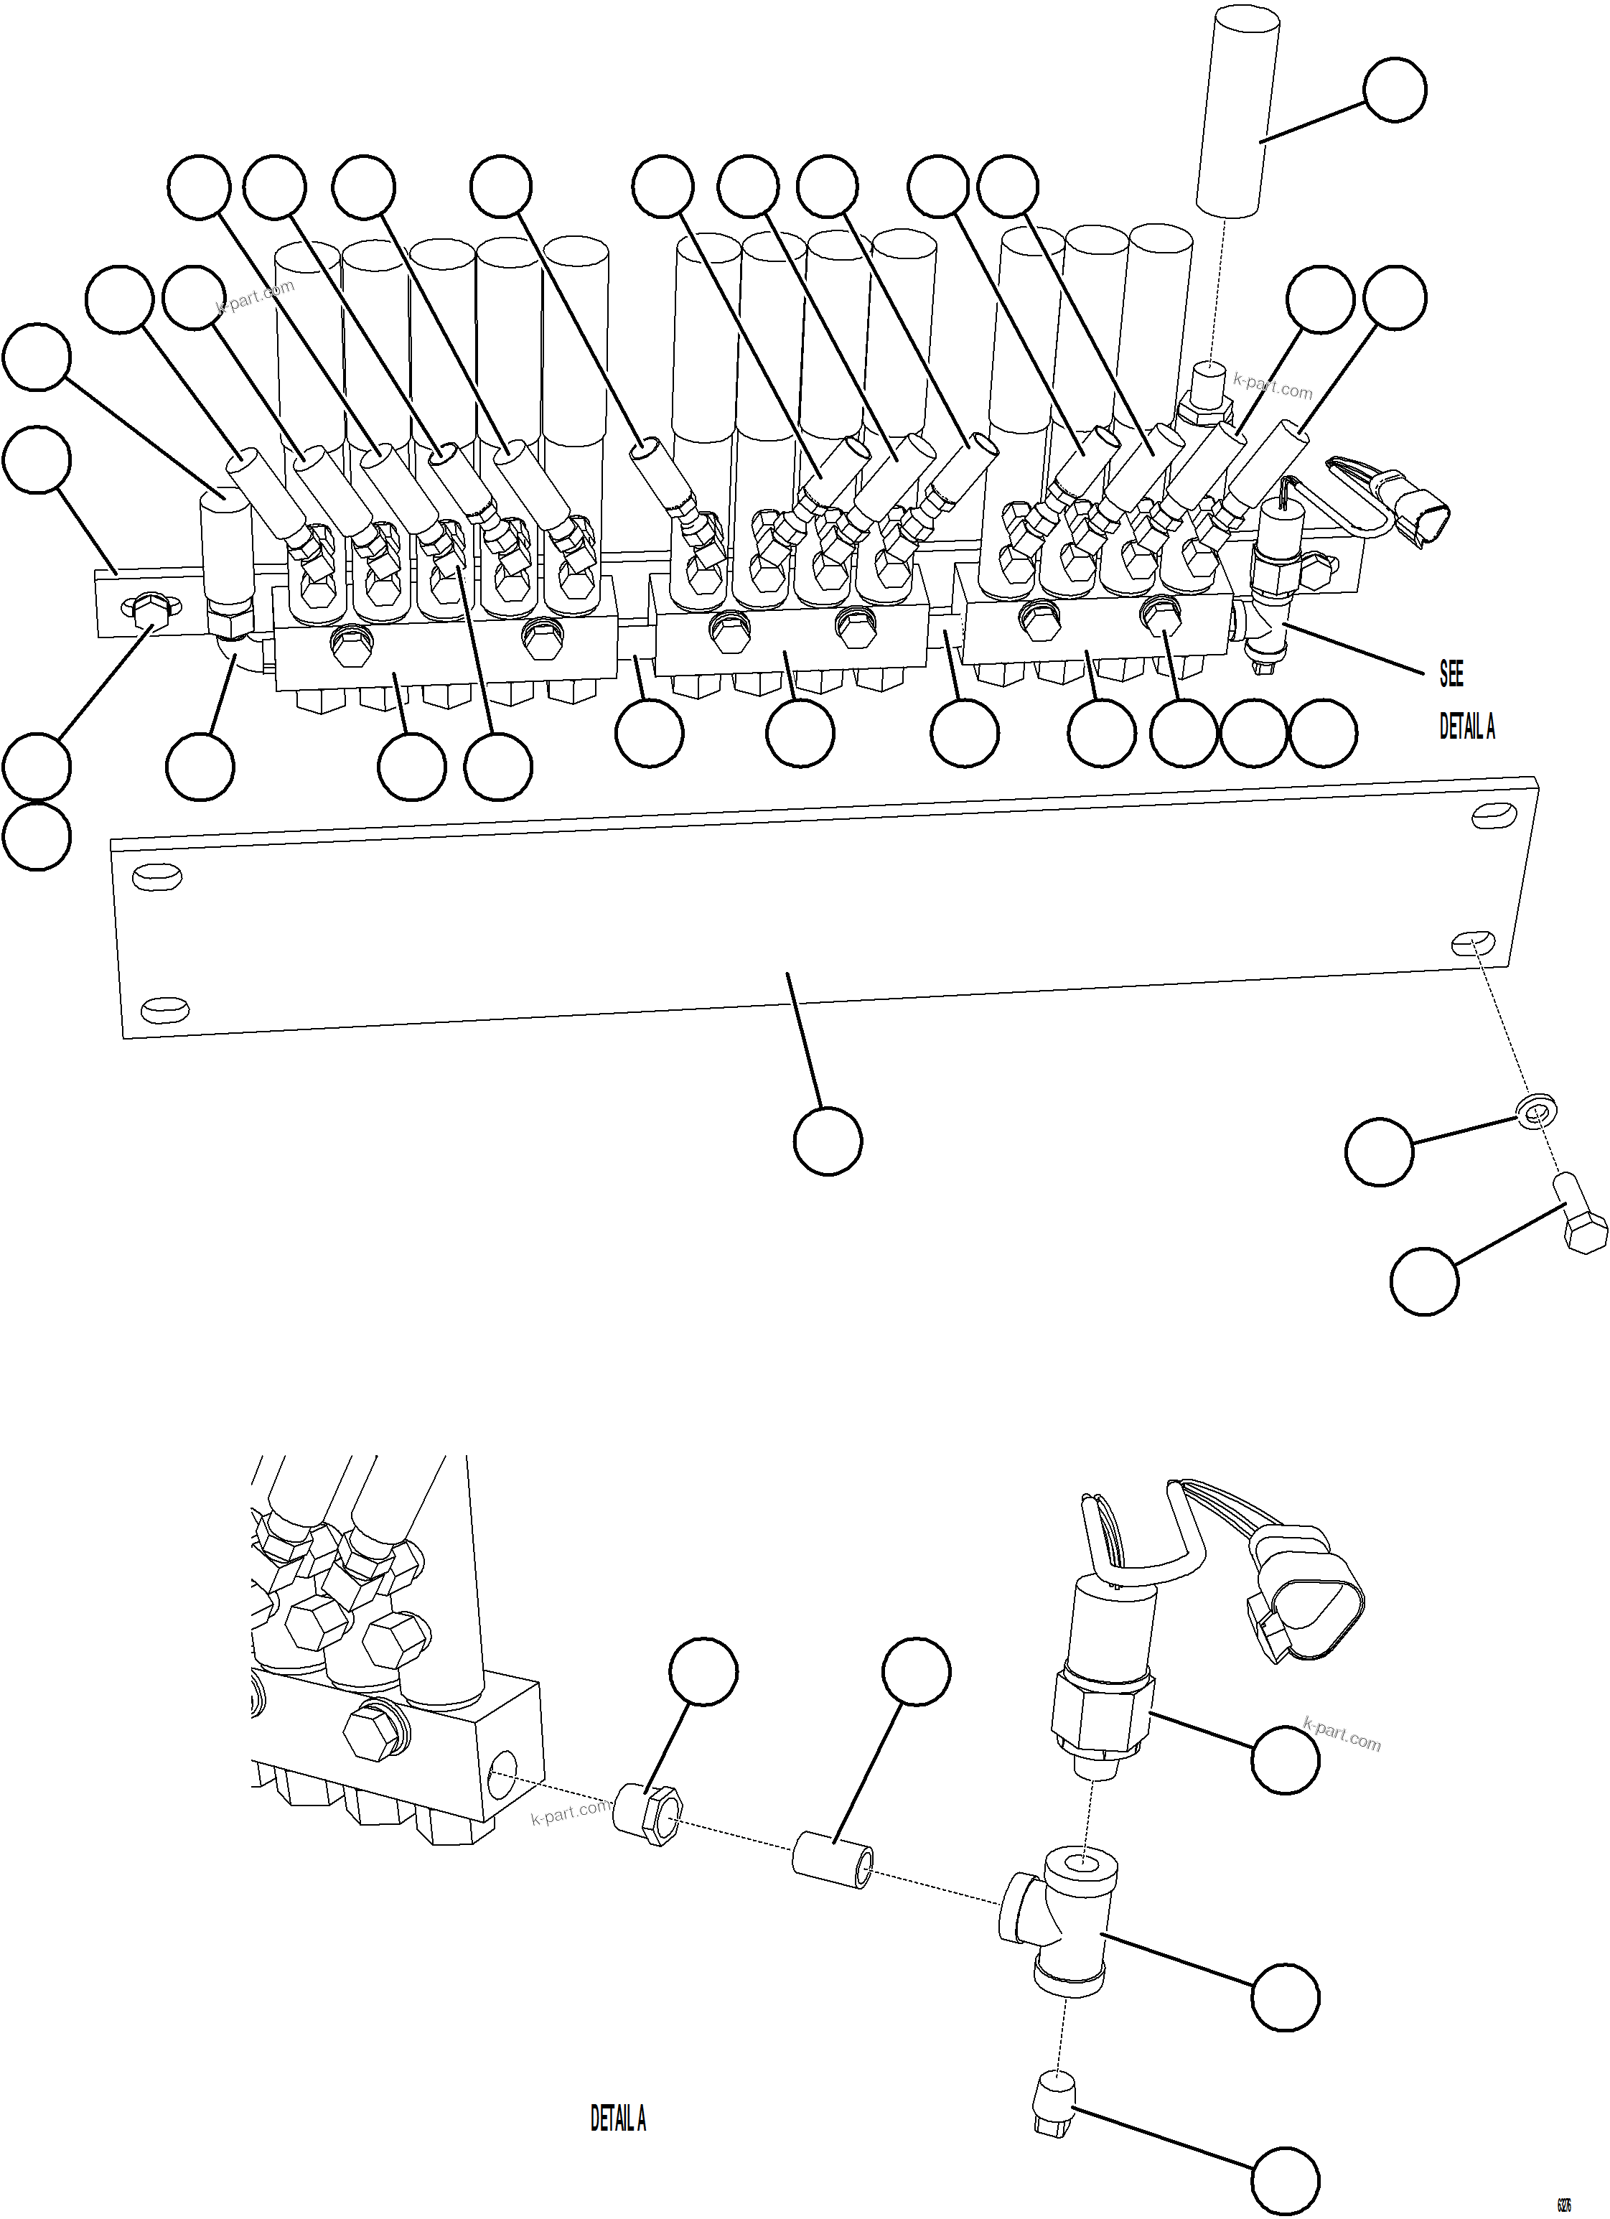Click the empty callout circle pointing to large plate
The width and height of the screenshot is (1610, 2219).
click(x=828, y=1141)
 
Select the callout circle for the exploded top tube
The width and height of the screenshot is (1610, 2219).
click(x=1394, y=90)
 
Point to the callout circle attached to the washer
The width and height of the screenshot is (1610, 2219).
click(x=1379, y=1152)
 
